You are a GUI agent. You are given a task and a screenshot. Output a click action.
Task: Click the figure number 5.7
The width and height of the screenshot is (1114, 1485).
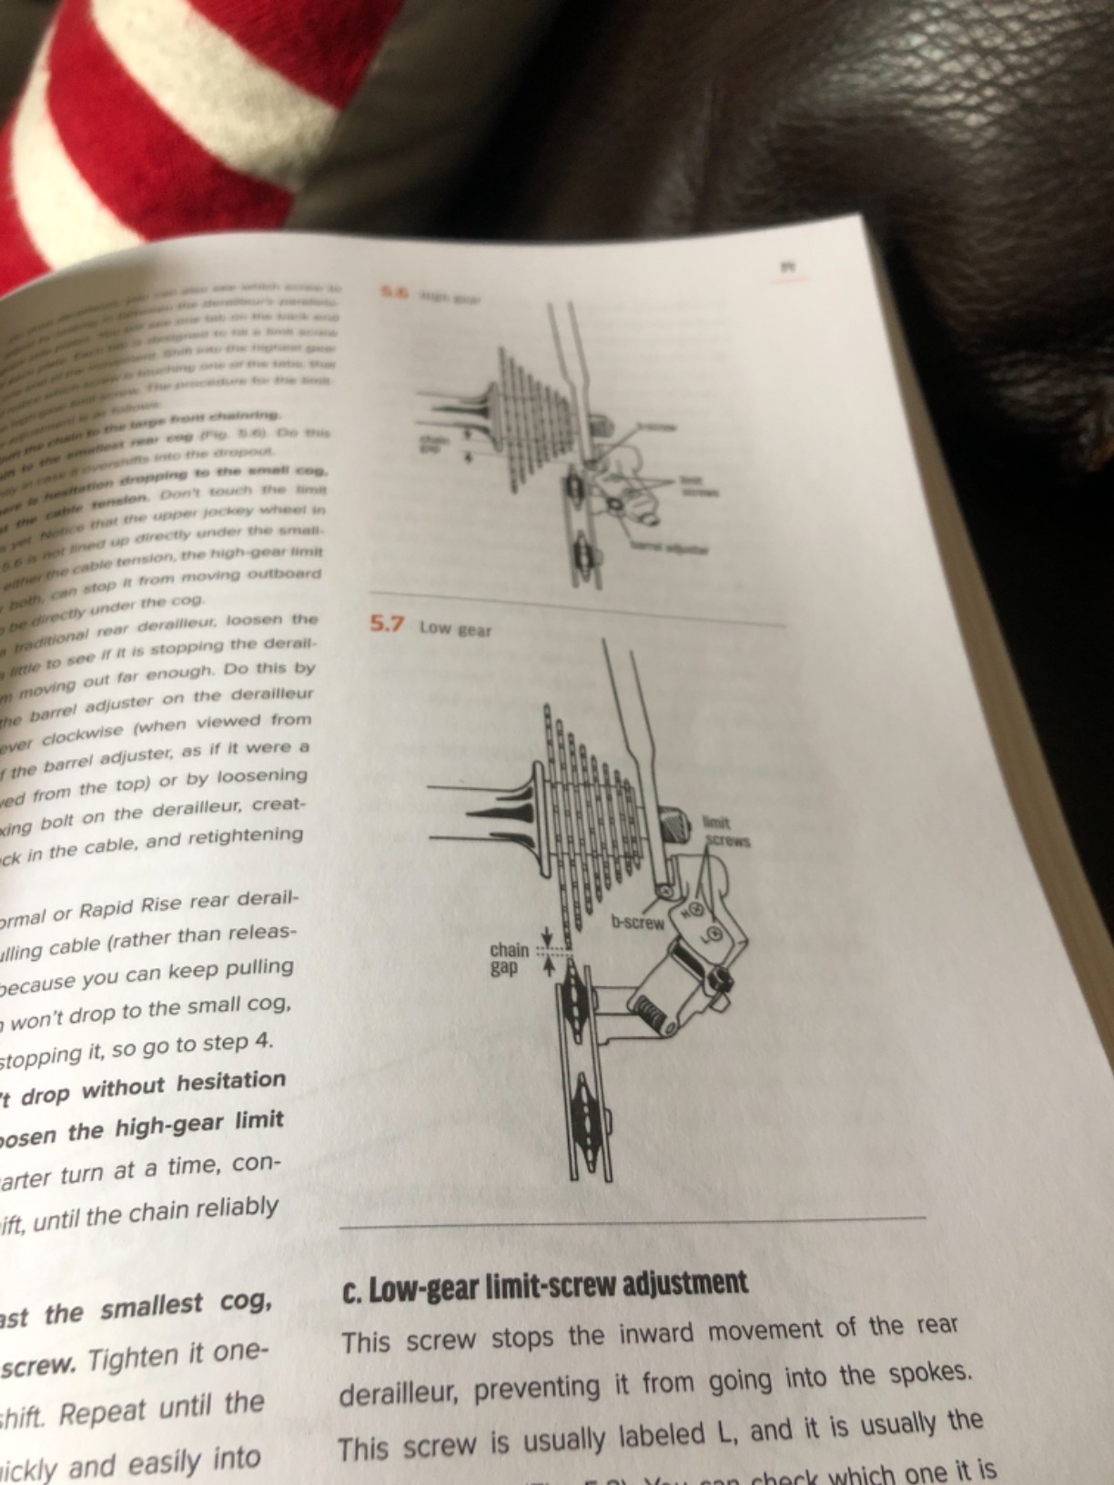pyautogui.click(x=386, y=624)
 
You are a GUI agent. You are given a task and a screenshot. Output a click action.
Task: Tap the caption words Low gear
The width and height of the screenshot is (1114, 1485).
pyautogui.click(x=455, y=629)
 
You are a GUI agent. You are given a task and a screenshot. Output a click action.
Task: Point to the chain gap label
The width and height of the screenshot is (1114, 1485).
pyautogui.click(x=509, y=959)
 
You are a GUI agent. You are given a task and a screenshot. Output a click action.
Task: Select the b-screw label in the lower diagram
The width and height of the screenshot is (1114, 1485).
pyautogui.click(x=638, y=923)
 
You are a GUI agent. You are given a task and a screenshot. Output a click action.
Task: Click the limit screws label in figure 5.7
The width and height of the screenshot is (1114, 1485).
pyautogui.click(x=725, y=832)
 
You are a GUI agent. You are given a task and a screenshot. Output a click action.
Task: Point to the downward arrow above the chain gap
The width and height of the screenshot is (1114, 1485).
pyautogui.click(x=547, y=935)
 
